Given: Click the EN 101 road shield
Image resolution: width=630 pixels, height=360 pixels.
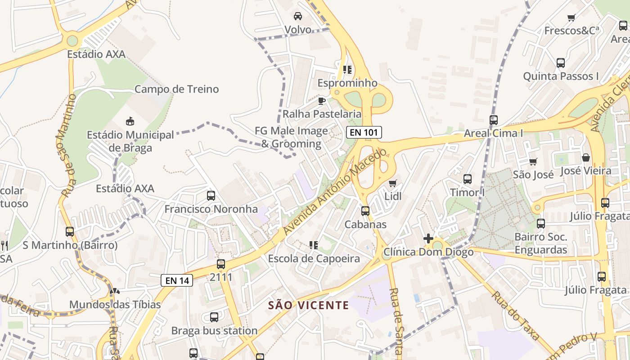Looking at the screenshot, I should [x=364, y=132].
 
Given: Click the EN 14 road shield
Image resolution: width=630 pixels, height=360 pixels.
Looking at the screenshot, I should [x=177, y=280].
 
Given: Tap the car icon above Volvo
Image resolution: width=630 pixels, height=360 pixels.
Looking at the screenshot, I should [x=298, y=16].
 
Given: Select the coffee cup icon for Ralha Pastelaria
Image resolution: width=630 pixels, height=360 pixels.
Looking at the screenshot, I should [x=321, y=100].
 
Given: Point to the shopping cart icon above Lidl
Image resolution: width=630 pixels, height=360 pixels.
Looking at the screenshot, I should [x=393, y=183].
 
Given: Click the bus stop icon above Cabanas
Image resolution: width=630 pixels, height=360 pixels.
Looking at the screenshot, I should [x=365, y=211].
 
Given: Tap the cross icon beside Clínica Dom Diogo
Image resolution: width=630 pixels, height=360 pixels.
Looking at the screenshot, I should [x=428, y=238].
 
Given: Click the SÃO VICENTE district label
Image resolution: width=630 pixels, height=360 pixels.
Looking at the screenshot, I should [x=308, y=306].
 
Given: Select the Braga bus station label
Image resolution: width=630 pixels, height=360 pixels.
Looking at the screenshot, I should [x=214, y=331].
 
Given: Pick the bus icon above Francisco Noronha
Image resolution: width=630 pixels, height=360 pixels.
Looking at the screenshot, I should [x=211, y=196].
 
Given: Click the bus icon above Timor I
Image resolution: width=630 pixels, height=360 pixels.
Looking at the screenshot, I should [x=468, y=179].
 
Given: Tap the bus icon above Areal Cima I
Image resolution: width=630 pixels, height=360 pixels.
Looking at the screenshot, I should [x=494, y=120].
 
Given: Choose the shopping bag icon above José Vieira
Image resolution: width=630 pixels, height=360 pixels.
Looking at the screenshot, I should [x=585, y=157].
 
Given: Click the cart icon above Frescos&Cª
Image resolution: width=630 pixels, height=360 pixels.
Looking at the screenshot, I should [x=571, y=18].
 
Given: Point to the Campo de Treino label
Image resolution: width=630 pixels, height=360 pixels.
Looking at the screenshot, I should [x=176, y=89].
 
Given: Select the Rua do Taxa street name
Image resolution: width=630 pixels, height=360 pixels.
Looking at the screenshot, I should [x=515, y=315].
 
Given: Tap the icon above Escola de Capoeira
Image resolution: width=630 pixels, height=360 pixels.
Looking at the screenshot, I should [x=314, y=245].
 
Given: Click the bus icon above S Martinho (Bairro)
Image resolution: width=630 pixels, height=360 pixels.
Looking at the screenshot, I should [x=70, y=232].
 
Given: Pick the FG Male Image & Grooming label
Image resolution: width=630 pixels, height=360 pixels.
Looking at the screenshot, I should [x=291, y=137].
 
